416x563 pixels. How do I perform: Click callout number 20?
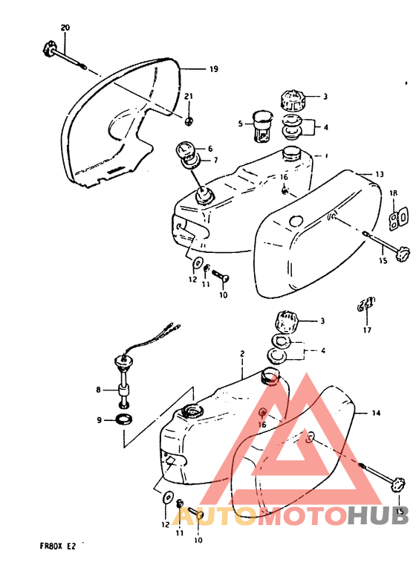pos(65,28)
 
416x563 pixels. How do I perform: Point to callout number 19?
pos(213,69)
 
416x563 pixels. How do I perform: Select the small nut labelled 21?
pos(189,120)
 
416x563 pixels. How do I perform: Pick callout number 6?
pos(209,148)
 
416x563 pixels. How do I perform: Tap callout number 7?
pos(215,160)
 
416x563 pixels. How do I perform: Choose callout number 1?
pos(326,156)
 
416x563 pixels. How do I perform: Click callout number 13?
pos(379,174)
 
